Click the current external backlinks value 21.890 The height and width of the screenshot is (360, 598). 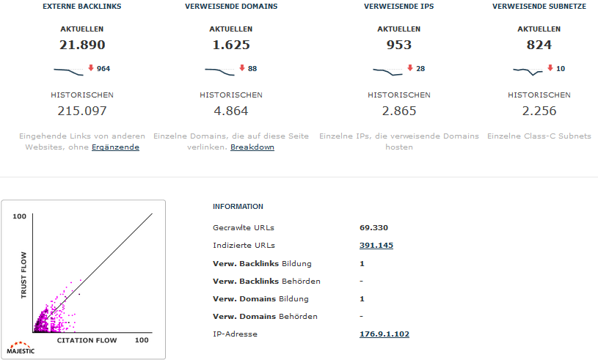click(82, 45)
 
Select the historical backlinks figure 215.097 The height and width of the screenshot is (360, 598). click(82, 111)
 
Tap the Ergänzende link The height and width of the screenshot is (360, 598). click(115, 147)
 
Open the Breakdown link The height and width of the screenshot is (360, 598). click(252, 147)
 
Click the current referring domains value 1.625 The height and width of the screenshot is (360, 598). click(231, 45)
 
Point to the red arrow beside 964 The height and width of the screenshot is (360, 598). click(91, 68)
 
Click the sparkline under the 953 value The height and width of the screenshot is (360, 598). click(388, 71)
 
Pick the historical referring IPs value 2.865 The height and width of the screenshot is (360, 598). click(398, 111)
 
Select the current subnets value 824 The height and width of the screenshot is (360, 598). click(539, 45)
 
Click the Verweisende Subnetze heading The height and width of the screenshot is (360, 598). click(539, 7)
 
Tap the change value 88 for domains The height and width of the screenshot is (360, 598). click(252, 69)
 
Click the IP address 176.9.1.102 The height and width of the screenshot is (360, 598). click(384, 334)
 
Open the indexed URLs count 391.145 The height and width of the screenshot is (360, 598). click(376, 246)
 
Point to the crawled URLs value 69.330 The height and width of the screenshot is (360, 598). click(373, 228)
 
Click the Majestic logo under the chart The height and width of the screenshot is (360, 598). click(21, 347)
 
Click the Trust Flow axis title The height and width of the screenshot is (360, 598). click(23, 275)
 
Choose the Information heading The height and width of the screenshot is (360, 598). click(238, 207)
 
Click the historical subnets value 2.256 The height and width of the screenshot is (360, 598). click(539, 111)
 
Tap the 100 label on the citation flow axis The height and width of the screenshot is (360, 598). click(142, 341)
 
